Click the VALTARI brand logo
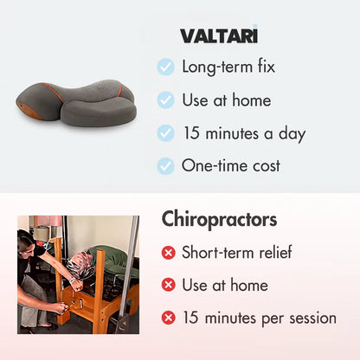point(218,35)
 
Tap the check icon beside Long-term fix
point(165,67)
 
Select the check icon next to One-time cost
point(165,166)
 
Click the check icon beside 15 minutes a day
point(165,133)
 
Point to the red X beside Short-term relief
point(168,253)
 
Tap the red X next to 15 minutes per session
point(168,318)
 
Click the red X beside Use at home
point(168,286)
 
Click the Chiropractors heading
point(219,219)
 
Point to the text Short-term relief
point(236,253)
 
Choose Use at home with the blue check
point(225,100)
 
